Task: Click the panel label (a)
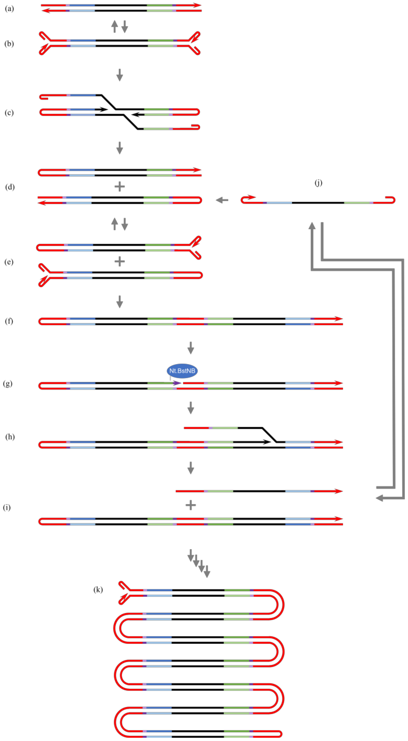pos(9,9)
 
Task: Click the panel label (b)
pos(9,44)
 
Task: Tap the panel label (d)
pos(10,187)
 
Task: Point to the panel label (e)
pos(9,262)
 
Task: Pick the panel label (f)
pos(9,321)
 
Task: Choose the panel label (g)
pos(8,384)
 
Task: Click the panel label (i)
pos(7,507)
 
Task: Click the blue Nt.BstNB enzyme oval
pos(182,371)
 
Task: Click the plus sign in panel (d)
pos(120,187)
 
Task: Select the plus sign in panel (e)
pos(120,262)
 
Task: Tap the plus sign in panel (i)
pos(191,505)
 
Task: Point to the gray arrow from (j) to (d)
pos(222,200)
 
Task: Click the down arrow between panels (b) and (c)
pos(120,75)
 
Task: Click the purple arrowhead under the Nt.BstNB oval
pos(177,383)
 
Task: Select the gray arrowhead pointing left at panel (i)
pos(379,498)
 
